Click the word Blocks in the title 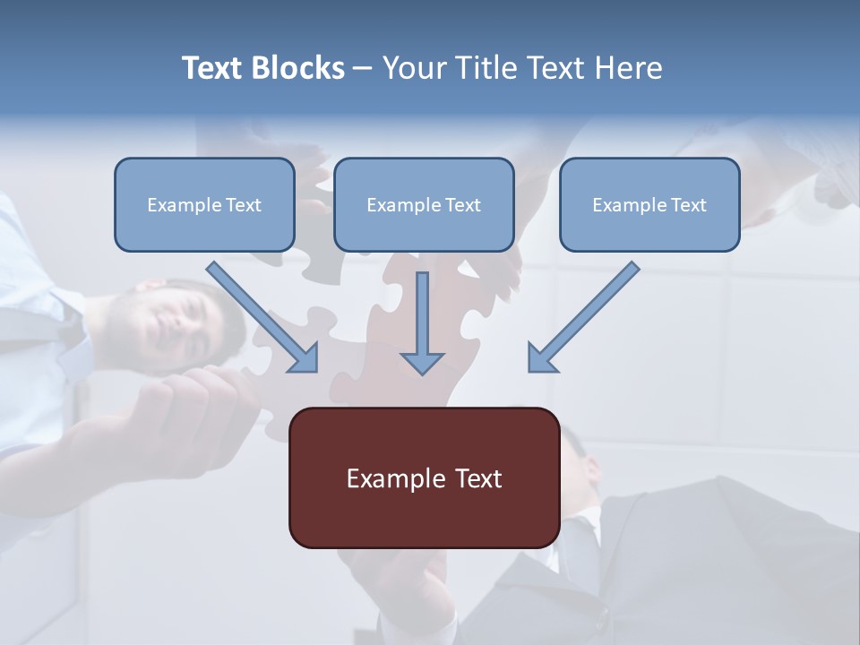298,68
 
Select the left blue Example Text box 204,204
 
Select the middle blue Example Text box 424,204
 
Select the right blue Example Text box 649,204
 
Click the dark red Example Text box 424,477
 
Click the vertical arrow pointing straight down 422,322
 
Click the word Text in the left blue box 244,205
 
